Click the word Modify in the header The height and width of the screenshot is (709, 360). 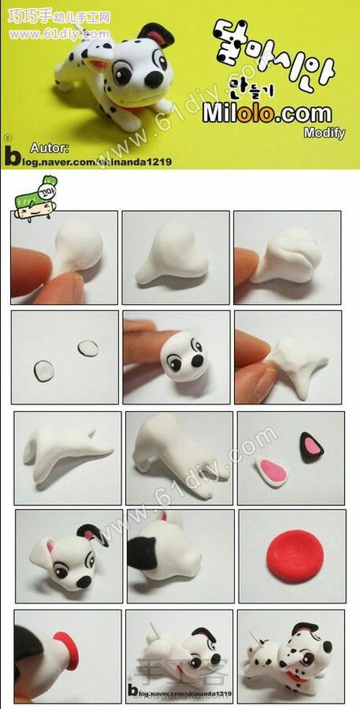click(x=323, y=132)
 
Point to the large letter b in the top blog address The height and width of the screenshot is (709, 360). click(x=12, y=155)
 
